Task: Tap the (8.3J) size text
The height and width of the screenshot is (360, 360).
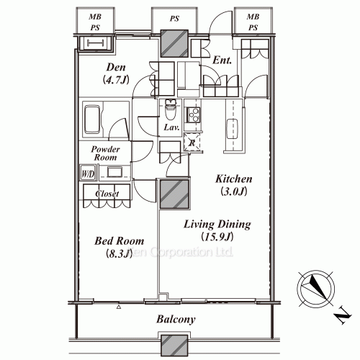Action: (118, 253)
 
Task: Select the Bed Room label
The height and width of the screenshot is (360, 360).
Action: (118, 240)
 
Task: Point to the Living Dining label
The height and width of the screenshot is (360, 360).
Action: (215, 224)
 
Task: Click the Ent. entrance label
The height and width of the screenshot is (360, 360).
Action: (222, 62)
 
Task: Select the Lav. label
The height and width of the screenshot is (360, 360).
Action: (171, 127)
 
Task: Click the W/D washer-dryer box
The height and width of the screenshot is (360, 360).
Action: (87, 173)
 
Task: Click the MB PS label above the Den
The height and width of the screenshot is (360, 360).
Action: (94, 22)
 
